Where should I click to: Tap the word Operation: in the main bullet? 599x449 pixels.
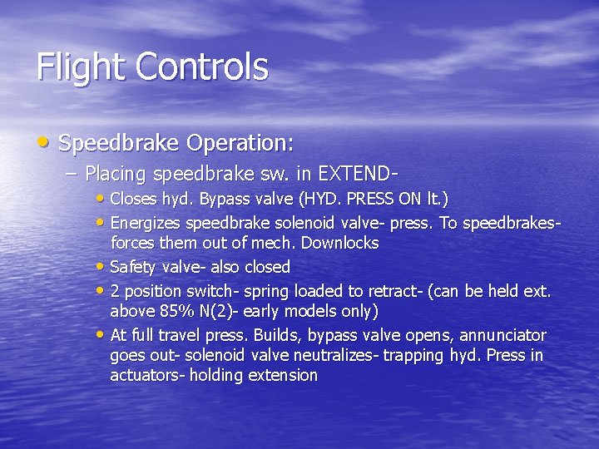click(240, 143)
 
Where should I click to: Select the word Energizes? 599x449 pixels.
click(146, 224)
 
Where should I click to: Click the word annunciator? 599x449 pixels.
click(504, 336)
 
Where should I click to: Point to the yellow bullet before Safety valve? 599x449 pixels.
click(101, 267)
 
